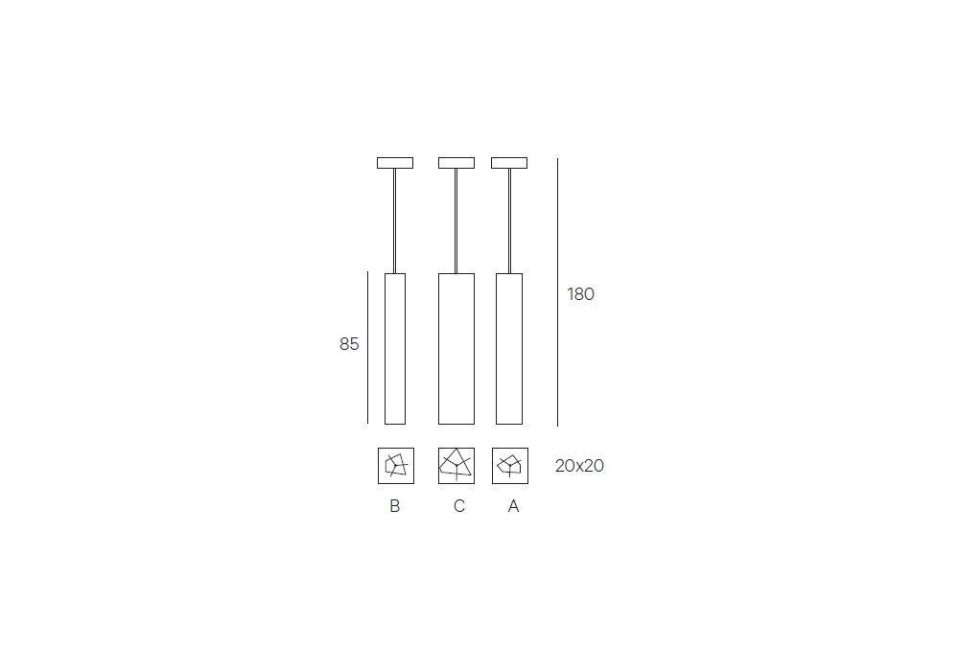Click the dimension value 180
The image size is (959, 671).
click(x=580, y=294)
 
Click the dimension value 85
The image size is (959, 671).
click(x=349, y=344)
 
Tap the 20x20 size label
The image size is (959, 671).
click(x=579, y=466)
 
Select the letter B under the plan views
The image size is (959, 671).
click(x=394, y=506)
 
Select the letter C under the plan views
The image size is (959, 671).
click(x=459, y=506)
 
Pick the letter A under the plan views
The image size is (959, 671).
click(x=513, y=506)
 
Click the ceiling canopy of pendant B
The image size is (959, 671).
click(x=395, y=163)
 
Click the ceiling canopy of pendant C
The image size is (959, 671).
click(x=456, y=163)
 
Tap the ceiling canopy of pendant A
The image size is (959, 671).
click(x=509, y=163)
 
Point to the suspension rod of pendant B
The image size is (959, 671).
click(x=394, y=220)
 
